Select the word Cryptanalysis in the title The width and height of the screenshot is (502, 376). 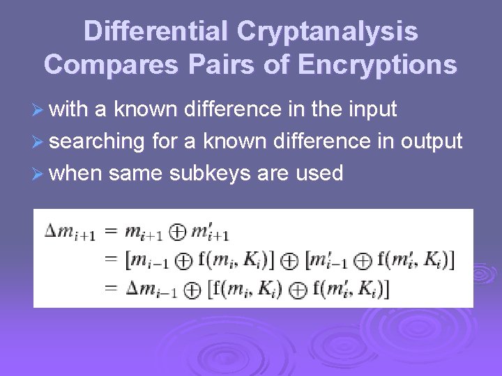coord(327,31)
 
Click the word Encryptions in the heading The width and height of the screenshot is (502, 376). coord(377,64)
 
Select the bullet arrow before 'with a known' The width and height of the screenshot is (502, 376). coord(39,109)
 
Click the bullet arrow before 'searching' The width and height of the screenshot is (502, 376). coord(39,142)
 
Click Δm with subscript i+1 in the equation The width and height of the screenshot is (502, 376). coord(69,231)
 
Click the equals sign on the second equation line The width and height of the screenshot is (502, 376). coord(110,260)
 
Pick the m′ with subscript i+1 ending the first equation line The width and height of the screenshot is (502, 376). coord(211,232)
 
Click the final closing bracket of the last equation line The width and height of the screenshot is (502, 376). coord(386,286)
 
